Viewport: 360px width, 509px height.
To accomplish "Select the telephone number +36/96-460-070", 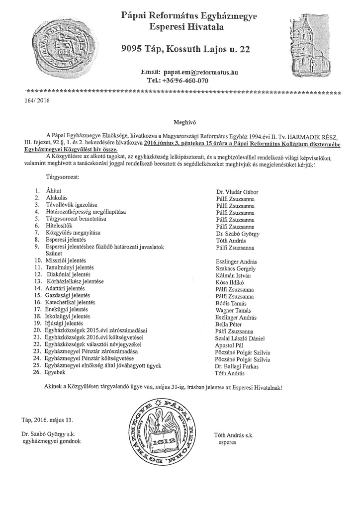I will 178,80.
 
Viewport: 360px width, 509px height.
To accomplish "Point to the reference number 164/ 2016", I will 37,101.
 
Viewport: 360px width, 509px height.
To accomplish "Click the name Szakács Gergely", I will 236,268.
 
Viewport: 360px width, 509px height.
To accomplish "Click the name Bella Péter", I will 229,324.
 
